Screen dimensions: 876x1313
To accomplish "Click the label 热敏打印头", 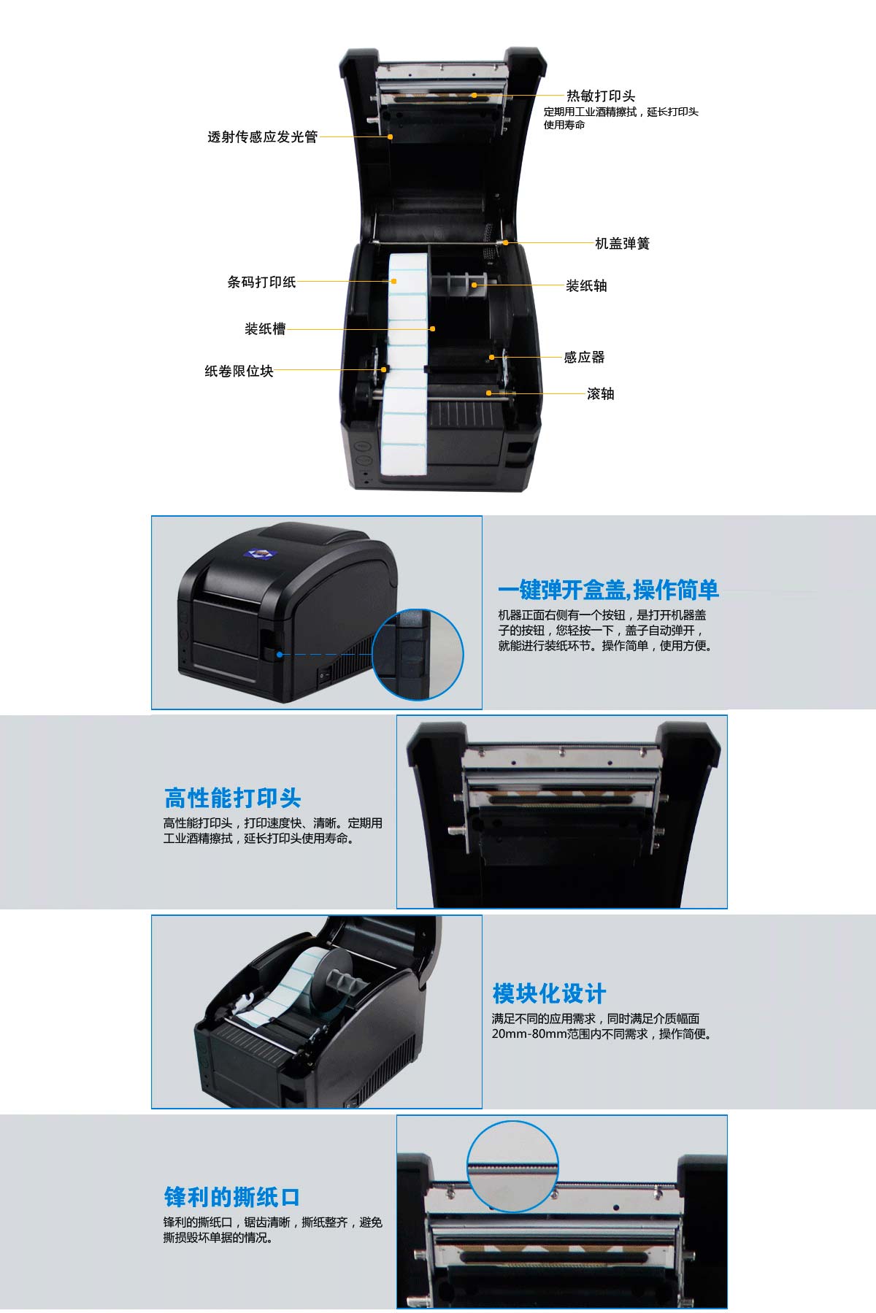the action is [601, 96].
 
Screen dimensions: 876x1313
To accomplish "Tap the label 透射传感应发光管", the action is [262, 136].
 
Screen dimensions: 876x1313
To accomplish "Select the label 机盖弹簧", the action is [622, 243].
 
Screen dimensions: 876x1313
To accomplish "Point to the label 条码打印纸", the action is [261, 282].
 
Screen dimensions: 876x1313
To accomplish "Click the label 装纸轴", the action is [586, 285].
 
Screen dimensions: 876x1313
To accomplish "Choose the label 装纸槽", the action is [265, 328].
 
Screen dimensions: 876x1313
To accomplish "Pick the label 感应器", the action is [584, 357].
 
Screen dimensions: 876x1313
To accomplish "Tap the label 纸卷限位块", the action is [239, 371].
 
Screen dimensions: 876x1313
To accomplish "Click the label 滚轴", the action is [601, 393].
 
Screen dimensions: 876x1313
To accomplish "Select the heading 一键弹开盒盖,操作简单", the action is [608, 589].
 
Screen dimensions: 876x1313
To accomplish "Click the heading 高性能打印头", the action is [232, 798].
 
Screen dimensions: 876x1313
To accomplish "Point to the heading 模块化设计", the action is [549, 993].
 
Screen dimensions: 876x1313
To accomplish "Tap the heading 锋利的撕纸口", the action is [232, 1197].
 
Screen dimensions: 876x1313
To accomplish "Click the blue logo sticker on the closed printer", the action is [258, 554].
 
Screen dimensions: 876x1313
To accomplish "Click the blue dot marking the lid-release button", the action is [280, 654].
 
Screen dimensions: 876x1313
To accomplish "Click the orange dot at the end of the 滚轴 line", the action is [490, 393].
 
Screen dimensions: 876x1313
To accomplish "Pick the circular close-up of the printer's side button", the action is [418, 655].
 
